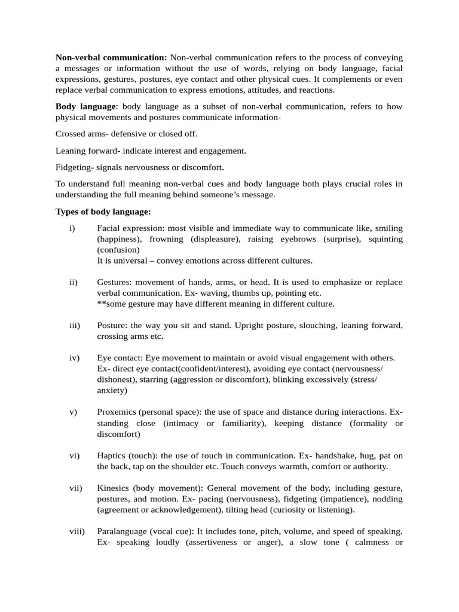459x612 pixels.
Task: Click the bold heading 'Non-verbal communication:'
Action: pos(111,58)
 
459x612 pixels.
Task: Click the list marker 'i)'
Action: pos(72,228)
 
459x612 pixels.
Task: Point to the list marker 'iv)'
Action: pos(74,358)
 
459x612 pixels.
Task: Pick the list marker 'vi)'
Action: pos(74,455)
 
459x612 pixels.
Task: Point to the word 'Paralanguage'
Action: pos(122,531)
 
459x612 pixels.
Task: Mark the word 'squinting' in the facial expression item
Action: pos(384,239)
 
